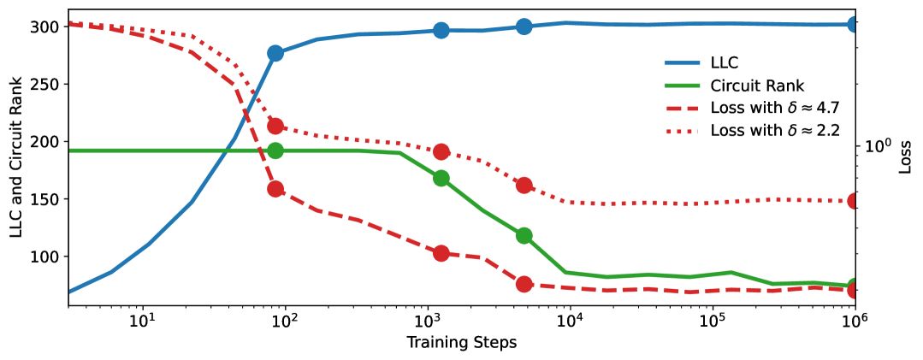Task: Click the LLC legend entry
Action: tap(725, 62)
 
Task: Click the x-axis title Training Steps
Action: tap(461, 343)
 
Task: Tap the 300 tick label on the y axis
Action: tap(44, 27)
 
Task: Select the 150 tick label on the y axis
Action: tap(44, 199)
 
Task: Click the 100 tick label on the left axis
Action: tap(44, 257)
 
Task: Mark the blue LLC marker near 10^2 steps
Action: tap(275, 53)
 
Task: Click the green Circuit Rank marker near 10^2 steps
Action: tap(275, 150)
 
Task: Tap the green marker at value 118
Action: tap(524, 235)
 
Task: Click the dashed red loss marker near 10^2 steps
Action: tap(275, 189)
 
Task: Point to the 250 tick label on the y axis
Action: tap(44, 85)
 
